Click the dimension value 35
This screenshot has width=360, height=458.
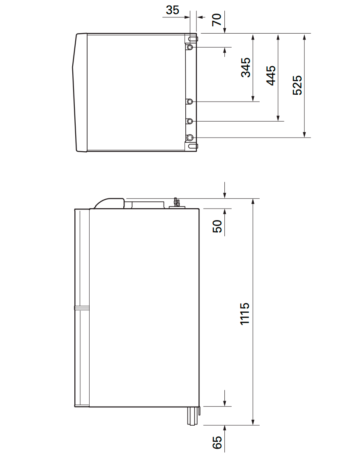[173, 10]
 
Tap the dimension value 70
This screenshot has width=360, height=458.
[217, 20]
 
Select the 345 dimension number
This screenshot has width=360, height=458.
[246, 68]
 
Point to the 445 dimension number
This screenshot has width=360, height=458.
[271, 75]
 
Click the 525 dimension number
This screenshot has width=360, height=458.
[297, 85]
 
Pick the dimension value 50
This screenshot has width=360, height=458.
[217, 226]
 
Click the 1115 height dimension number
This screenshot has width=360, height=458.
[244, 314]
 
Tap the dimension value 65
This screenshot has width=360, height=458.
[217, 443]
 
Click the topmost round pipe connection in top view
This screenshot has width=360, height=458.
[190, 47]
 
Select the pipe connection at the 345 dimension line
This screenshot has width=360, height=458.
[190, 102]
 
